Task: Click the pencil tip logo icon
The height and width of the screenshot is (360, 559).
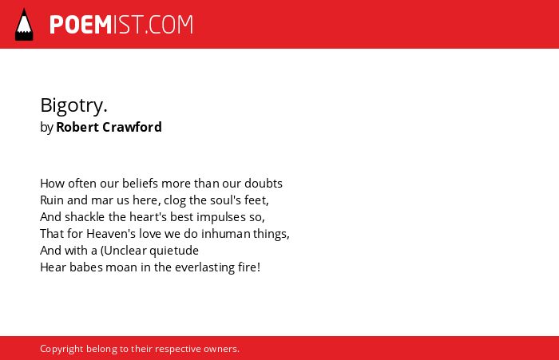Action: [x=24, y=25]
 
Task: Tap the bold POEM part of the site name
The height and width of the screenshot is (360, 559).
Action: [x=81, y=25]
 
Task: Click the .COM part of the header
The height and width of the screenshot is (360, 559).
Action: [x=168, y=25]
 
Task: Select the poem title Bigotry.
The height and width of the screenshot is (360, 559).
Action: [x=73, y=105]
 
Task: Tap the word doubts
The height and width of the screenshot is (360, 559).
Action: [x=264, y=184]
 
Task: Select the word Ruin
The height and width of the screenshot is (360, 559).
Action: [x=52, y=200]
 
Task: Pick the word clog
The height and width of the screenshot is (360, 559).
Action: [x=175, y=200]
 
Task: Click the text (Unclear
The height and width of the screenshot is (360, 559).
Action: [x=123, y=251]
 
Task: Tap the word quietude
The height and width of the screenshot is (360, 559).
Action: [x=174, y=251]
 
